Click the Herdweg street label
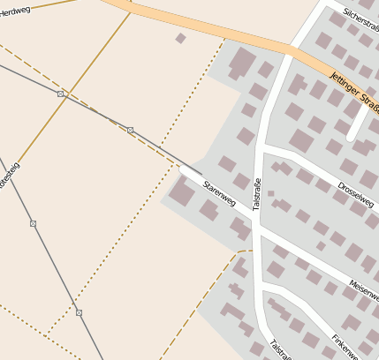point(16,11)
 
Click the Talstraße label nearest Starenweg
point(257,193)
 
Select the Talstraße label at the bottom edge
point(279,350)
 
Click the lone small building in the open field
point(181,38)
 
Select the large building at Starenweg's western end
point(182,193)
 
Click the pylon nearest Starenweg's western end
point(130,131)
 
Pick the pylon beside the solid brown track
point(33,223)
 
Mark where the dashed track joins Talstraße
point(253,251)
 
